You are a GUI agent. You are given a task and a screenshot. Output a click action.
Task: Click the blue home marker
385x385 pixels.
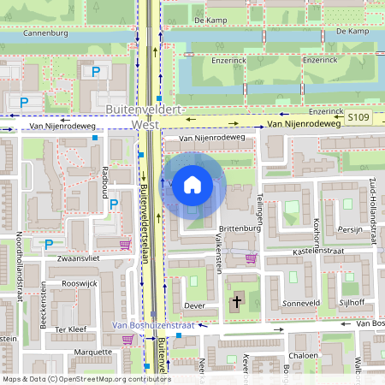click(192, 185)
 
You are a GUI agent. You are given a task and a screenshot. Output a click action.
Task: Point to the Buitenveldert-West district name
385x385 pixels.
click(146, 118)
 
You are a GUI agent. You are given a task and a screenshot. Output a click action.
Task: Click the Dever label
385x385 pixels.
click(195, 305)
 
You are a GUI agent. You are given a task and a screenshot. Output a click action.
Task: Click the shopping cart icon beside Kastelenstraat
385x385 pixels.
click(251, 258)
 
